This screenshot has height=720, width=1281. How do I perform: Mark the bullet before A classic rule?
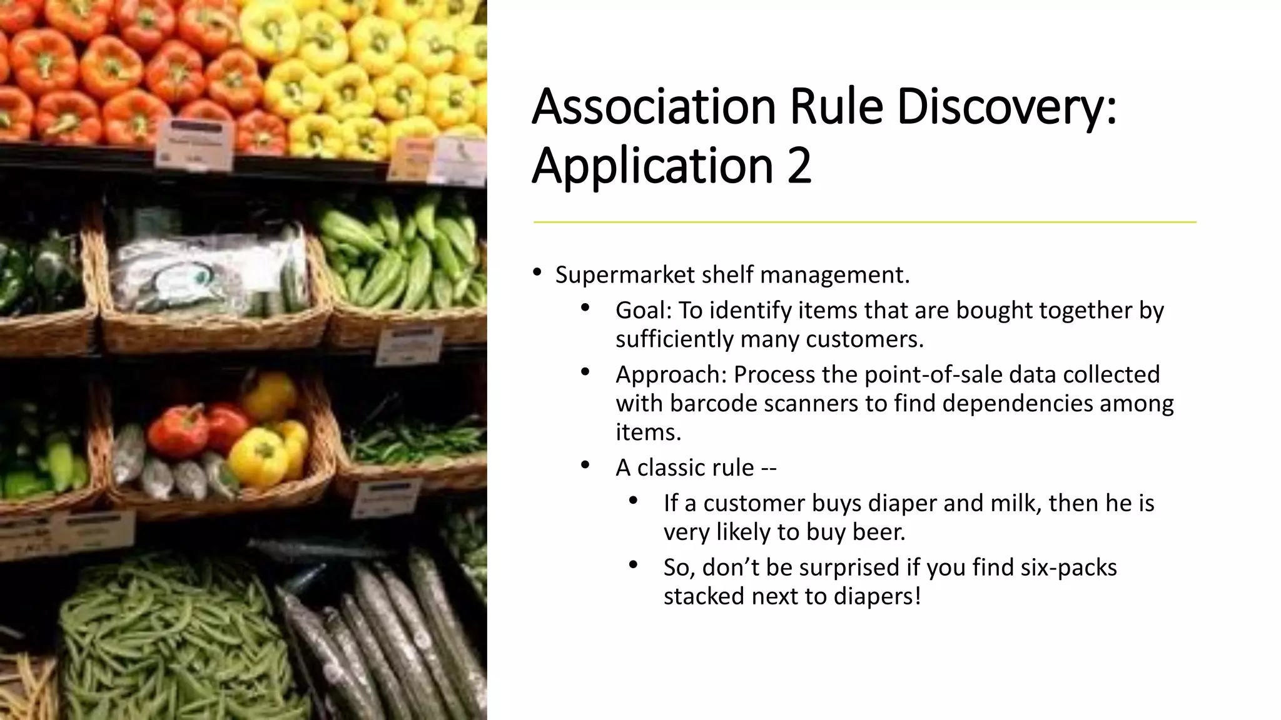585,465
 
